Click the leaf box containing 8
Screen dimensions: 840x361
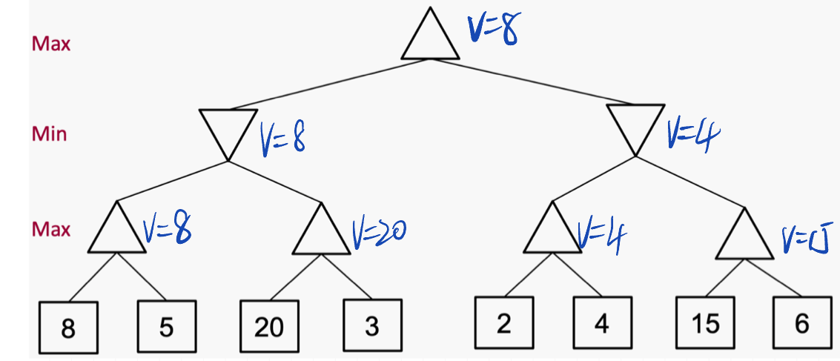(x=68, y=327)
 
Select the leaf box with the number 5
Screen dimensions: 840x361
(x=167, y=325)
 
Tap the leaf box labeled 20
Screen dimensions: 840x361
(x=269, y=326)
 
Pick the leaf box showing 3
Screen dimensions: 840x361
(x=371, y=325)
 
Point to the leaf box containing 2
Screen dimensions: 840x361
(x=503, y=322)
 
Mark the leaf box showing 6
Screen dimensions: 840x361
(x=801, y=322)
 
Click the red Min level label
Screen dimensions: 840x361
(x=49, y=134)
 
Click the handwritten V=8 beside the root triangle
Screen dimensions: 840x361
(x=493, y=30)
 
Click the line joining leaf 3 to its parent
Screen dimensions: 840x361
(x=346, y=277)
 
